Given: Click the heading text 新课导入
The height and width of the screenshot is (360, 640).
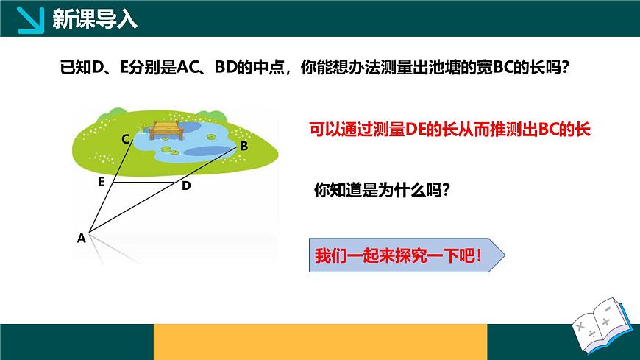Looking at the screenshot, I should pyautogui.click(x=95, y=18).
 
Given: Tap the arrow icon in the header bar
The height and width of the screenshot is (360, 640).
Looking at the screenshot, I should pyautogui.click(x=27, y=19).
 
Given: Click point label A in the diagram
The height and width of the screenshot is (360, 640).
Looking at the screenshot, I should pyautogui.click(x=81, y=238).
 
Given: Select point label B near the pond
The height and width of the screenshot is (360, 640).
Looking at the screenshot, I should pyautogui.click(x=243, y=147).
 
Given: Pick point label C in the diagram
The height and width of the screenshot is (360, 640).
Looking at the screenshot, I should pyautogui.click(x=126, y=138).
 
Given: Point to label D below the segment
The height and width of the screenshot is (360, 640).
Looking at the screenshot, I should pyautogui.click(x=186, y=186).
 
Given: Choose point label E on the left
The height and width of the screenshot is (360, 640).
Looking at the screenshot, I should pyautogui.click(x=101, y=182).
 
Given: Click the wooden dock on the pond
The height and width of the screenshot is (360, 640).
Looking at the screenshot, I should pyautogui.click(x=166, y=130).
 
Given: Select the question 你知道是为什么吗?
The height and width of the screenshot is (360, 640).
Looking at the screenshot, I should pyautogui.click(x=382, y=189).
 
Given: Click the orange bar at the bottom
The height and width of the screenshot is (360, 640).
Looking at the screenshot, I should pyautogui.click(x=320, y=342).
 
